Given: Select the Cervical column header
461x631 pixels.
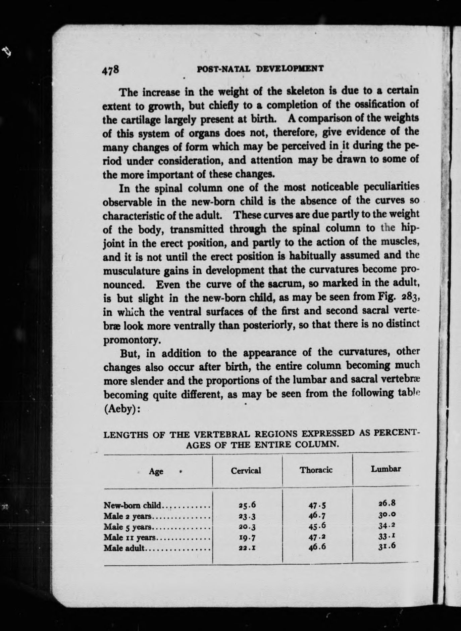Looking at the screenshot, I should point(246,470).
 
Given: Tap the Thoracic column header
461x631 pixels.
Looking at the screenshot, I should point(316,470).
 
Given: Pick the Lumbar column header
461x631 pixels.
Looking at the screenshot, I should point(386,469).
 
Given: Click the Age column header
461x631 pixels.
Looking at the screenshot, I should point(156,471).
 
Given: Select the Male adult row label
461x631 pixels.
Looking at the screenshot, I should point(124,548).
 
